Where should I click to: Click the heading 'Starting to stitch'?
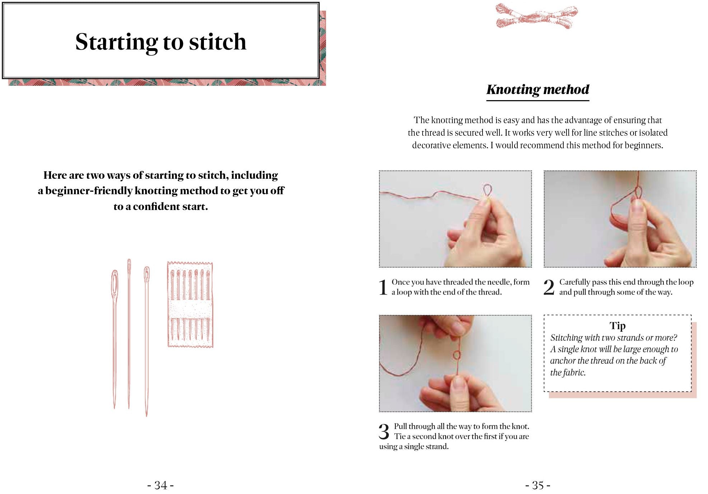(160, 42)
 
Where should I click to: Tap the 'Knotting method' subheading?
(537, 89)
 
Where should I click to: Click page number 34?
(160, 485)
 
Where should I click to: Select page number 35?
(537, 485)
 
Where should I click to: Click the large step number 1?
(383, 287)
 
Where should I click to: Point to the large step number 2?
(549, 287)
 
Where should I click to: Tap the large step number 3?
(384, 432)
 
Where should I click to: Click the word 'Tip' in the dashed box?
(617, 326)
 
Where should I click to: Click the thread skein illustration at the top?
(536, 16)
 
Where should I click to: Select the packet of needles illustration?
(190, 304)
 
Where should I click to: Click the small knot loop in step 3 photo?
(456, 355)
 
